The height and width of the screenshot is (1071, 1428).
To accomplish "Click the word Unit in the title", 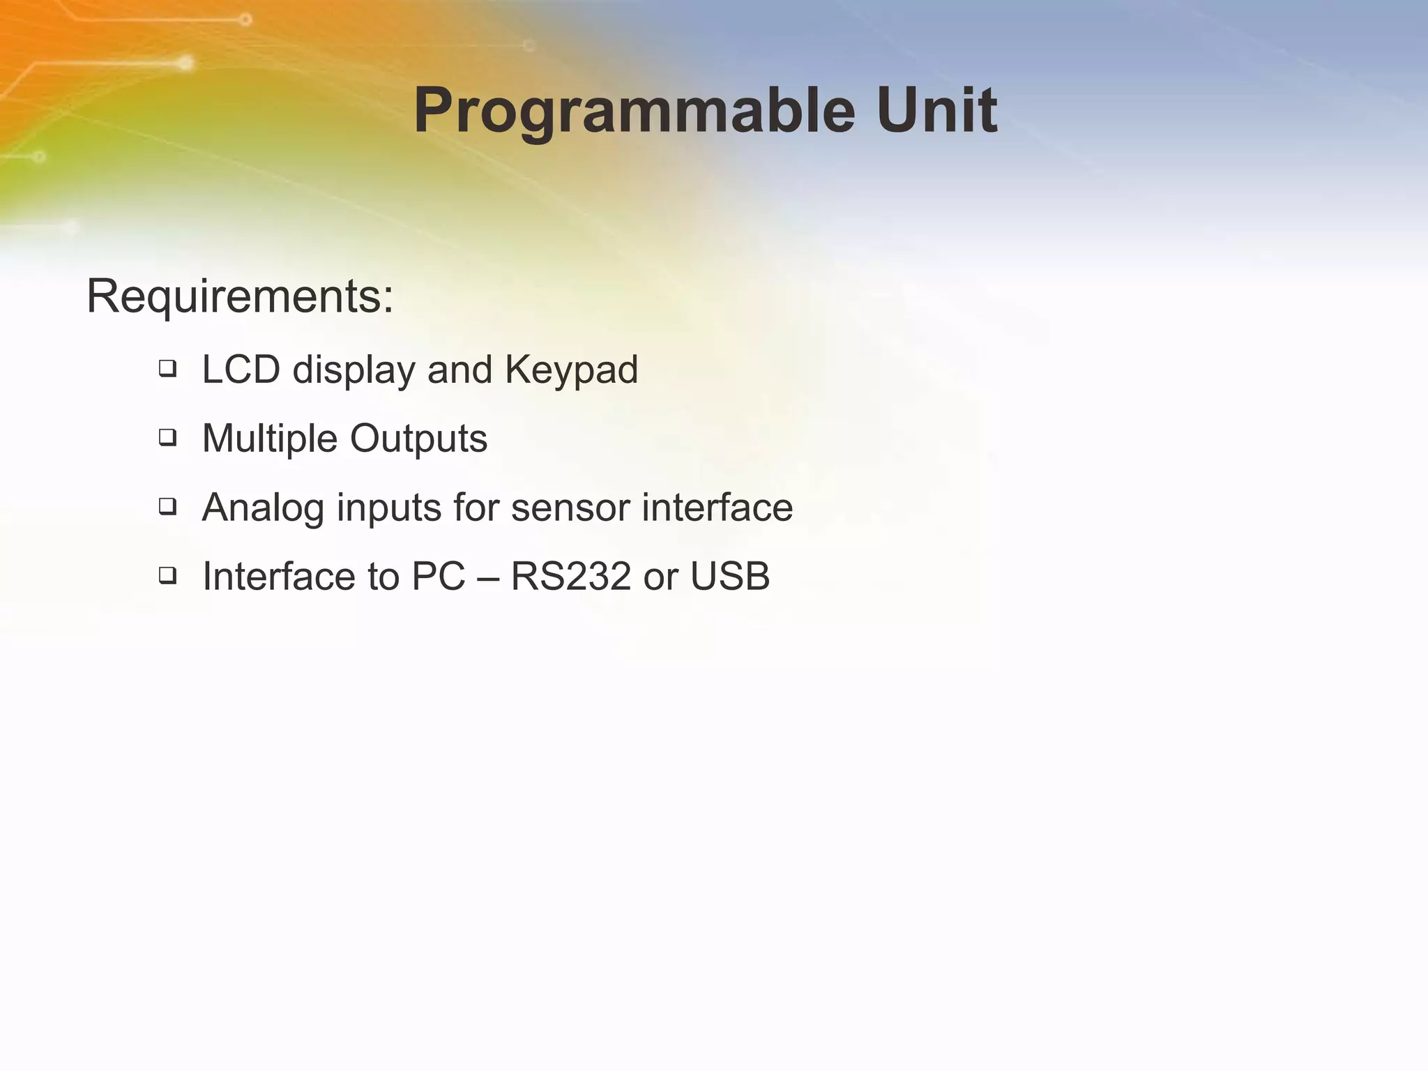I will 936,110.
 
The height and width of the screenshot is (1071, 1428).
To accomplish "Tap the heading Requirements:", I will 240,297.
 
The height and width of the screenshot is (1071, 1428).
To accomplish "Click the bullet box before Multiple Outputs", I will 167,438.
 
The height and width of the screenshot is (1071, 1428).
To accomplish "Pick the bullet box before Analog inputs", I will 167,506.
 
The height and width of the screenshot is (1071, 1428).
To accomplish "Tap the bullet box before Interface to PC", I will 167,575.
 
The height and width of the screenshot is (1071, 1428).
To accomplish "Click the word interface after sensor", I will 717,507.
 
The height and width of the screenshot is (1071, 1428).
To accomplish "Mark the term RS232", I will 570,577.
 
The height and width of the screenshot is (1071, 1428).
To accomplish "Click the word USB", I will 729,577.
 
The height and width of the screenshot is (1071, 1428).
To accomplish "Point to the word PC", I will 438,577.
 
